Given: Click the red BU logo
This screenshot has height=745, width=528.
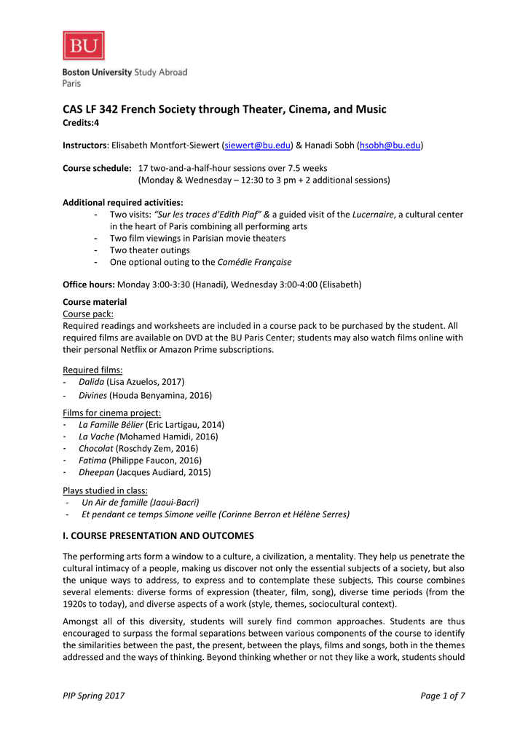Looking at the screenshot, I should pyautogui.click(x=84, y=46).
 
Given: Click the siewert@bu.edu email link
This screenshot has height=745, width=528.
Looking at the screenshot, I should pyautogui.click(x=256, y=146).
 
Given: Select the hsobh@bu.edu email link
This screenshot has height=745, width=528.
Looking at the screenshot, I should pyautogui.click(x=390, y=146).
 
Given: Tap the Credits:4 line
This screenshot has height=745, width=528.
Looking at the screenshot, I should pyautogui.click(x=81, y=123).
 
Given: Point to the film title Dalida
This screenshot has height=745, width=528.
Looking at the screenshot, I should pyautogui.click(x=91, y=381).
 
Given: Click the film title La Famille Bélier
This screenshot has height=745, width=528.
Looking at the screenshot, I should pyautogui.click(x=111, y=424).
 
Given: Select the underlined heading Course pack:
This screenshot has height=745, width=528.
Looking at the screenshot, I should pyautogui.click(x=87, y=314).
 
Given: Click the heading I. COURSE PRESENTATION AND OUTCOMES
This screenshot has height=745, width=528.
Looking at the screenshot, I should pyautogui.click(x=158, y=535).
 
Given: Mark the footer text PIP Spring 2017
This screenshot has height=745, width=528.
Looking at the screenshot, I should pyautogui.click(x=94, y=696).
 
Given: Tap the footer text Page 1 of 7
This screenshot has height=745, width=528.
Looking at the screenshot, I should pyautogui.click(x=443, y=696).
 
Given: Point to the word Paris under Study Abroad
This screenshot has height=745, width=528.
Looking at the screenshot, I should pyautogui.click(x=71, y=84).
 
